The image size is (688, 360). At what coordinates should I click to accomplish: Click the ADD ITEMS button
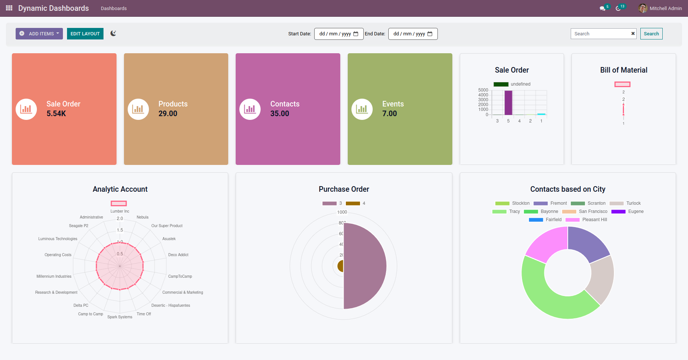coord(39,34)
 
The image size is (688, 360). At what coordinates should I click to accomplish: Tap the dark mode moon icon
coord(113,33)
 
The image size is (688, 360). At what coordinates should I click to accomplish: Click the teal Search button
coord(651,34)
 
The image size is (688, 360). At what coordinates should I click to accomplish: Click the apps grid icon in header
coord(9,8)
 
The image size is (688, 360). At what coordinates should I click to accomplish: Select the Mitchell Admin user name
coord(666,8)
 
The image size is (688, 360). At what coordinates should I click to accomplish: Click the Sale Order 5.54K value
coord(56,114)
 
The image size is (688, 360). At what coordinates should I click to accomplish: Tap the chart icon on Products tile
coord(138,109)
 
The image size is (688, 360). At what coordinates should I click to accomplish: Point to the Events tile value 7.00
coord(389,114)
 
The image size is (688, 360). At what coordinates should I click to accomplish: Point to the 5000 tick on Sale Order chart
coord(483,90)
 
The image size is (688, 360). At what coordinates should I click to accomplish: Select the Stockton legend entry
coord(520,203)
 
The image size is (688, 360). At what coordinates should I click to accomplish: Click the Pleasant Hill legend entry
coord(594,220)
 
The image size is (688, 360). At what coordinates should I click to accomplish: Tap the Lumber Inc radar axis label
coord(120,211)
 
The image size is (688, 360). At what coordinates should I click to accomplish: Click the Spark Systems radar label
coord(120,317)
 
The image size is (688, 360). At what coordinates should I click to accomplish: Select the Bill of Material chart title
coord(624,70)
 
